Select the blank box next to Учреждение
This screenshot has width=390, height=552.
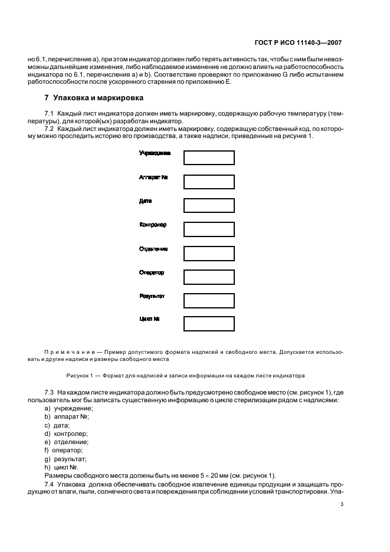[x=209, y=157]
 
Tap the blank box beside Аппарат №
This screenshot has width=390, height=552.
[x=209, y=182]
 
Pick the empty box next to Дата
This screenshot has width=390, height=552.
[x=209, y=205]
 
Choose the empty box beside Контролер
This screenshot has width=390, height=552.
[x=209, y=229]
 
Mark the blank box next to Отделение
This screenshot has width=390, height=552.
[x=209, y=253]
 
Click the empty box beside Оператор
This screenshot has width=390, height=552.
[x=209, y=277]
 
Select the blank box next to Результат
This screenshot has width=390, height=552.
[x=209, y=300]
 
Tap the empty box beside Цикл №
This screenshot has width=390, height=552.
[x=209, y=324]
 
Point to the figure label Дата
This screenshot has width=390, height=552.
[x=145, y=201]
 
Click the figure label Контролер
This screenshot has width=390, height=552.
[x=153, y=225]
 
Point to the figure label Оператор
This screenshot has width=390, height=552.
[x=152, y=272]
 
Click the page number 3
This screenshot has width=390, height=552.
[x=342, y=504]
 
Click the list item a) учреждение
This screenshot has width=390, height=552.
[x=69, y=409]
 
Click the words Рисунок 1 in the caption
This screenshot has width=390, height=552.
[x=84, y=376]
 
